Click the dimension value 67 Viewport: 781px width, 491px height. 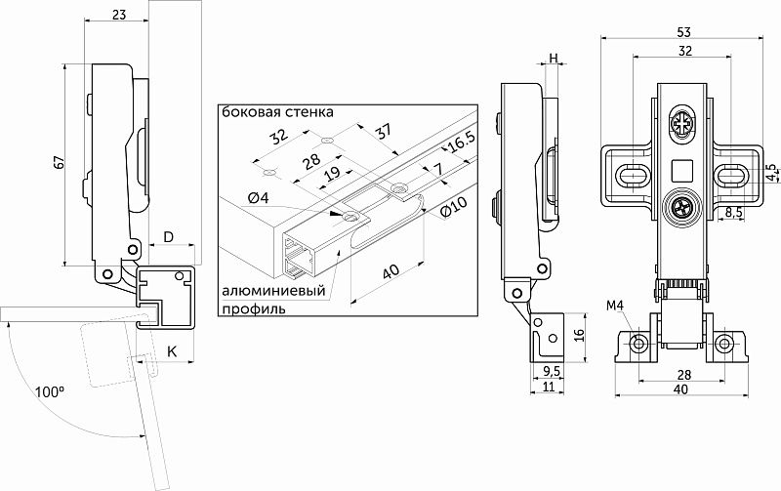point(58,167)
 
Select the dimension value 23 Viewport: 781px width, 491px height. point(118,15)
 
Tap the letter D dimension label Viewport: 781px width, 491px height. point(168,237)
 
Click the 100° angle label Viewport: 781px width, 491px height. point(48,392)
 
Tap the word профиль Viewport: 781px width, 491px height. point(253,309)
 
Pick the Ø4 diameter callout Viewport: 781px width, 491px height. point(260,199)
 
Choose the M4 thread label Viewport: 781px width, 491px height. point(614,307)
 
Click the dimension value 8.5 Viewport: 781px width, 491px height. point(735,211)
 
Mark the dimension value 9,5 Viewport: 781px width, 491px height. point(551,372)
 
